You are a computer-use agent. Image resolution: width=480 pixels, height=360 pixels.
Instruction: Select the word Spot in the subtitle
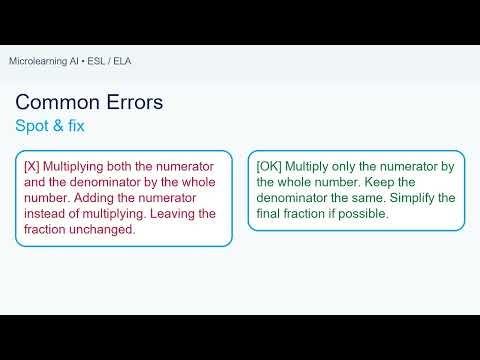pos(33,127)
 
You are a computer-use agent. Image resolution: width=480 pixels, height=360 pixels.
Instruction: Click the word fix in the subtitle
pos(78,127)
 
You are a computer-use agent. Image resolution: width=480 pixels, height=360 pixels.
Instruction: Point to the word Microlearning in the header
pos(42,61)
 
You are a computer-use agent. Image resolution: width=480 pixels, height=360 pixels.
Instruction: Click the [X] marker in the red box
pos(32,165)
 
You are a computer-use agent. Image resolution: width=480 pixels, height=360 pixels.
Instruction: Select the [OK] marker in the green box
pos(270,165)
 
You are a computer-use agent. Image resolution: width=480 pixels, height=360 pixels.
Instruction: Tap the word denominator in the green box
pos(296,197)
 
